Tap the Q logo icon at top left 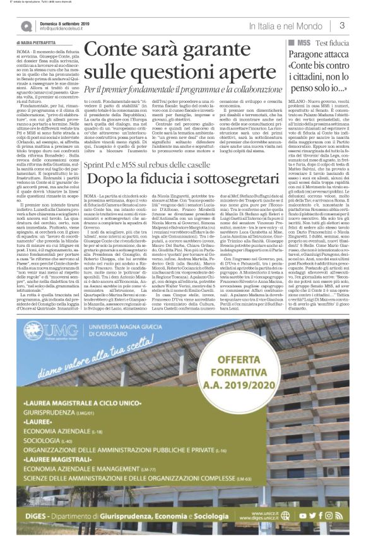pos(26,26)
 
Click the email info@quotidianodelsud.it pos(64,29)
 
